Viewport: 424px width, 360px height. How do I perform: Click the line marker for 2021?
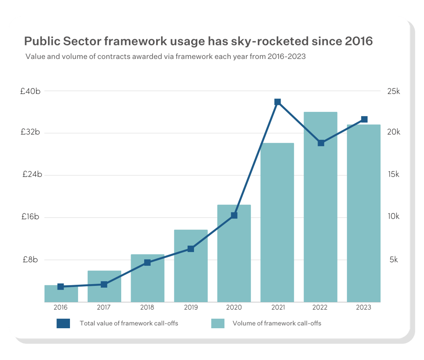(x=277, y=102)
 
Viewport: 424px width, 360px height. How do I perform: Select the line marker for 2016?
(x=61, y=287)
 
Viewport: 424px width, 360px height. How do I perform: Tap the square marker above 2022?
(x=321, y=143)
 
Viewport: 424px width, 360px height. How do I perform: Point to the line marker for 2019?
(x=191, y=249)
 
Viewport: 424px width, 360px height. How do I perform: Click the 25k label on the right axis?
(x=393, y=91)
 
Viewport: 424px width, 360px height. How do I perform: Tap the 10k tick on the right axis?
(x=393, y=216)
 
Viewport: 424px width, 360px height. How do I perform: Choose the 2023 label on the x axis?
(x=364, y=308)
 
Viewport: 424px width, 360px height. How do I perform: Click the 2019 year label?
(x=191, y=308)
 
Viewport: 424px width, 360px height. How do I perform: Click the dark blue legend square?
(x=63, y=324)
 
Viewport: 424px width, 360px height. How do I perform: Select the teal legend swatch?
(x=218, y=324)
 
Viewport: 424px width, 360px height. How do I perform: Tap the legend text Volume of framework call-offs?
(x=277, y=324)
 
